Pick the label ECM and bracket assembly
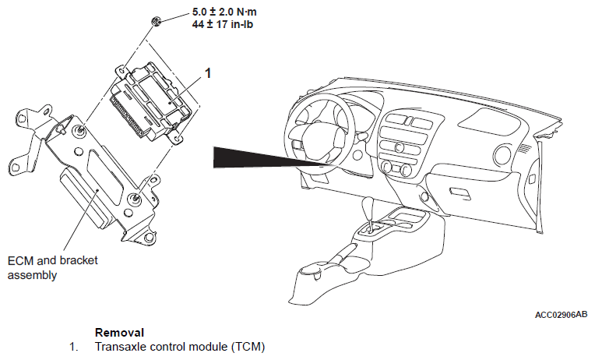(52, 267)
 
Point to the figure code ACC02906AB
(562, 315)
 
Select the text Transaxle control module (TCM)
(180, 346)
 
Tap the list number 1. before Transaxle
(74, 346)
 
